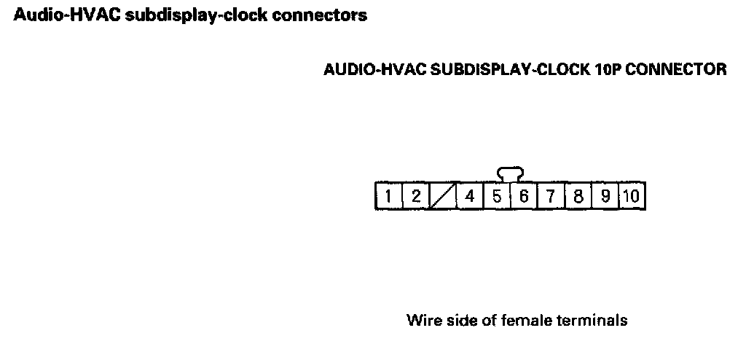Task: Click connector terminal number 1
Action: tap(388, 196)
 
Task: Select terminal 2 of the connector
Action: tap(415, 196)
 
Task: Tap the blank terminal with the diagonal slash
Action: tap(442, 196)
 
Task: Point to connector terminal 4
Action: tap(470, 196)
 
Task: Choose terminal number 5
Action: tap(497, 196)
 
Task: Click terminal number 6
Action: tap(524, 196)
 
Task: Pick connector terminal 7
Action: tap(551, 196)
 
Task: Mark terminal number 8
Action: tap(578, 196)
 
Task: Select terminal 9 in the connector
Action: tap(605, 196)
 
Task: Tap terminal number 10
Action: tap(632, 196)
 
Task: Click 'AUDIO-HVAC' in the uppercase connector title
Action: tap(375, 70)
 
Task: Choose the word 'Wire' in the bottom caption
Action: tap(421, 320)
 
